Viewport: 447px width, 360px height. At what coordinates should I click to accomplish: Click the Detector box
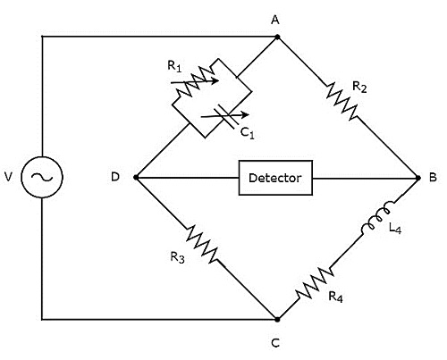[x=275, y=178]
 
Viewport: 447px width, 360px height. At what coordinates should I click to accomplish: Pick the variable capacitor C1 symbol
[x=225, y=116]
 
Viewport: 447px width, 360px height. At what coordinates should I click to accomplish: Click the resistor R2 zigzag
[x=342, y=101]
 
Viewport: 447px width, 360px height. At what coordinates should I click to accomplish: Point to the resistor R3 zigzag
[x=202, y=244]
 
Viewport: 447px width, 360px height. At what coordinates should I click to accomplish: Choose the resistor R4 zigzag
[x=314, y=282]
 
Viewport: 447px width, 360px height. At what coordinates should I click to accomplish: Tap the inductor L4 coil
[x=378, y=218]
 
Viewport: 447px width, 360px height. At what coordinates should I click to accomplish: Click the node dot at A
[x=277, y=37]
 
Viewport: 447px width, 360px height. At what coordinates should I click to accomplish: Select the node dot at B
[x=418, y=178]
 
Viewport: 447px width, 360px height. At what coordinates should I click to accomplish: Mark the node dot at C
[x=277, y=320]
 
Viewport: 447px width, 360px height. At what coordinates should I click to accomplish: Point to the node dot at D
[x=136, y=178]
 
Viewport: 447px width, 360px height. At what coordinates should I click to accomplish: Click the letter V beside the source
[x=9, y=177]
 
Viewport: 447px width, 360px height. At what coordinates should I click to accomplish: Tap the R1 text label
[x=174, y=66]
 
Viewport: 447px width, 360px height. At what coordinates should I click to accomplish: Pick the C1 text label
[x=248, y=133]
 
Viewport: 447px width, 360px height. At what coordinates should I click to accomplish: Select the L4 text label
[x=395, y=229]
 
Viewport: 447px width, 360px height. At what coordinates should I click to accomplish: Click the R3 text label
[x=177, y=257]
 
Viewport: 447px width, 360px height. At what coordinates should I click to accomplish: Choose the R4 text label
[x=335, y=297]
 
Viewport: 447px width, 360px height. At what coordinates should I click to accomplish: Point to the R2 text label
[x=359, y=87]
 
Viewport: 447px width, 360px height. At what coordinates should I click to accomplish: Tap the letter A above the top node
[x=275, y=20]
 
